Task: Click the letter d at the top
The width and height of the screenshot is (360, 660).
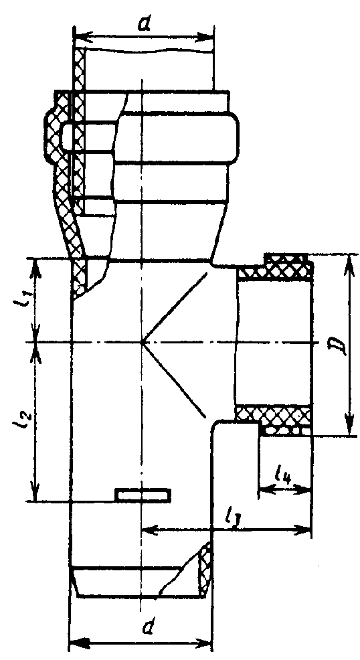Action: tap(145, 25)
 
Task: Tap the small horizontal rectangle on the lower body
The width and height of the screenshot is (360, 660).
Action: tap(143, 495)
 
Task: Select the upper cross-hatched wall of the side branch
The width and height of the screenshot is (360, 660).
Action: tap(276, 267)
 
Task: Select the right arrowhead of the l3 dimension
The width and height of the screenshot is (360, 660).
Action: tap(302, 529)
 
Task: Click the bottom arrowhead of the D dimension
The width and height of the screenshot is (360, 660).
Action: tap(349, 426)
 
